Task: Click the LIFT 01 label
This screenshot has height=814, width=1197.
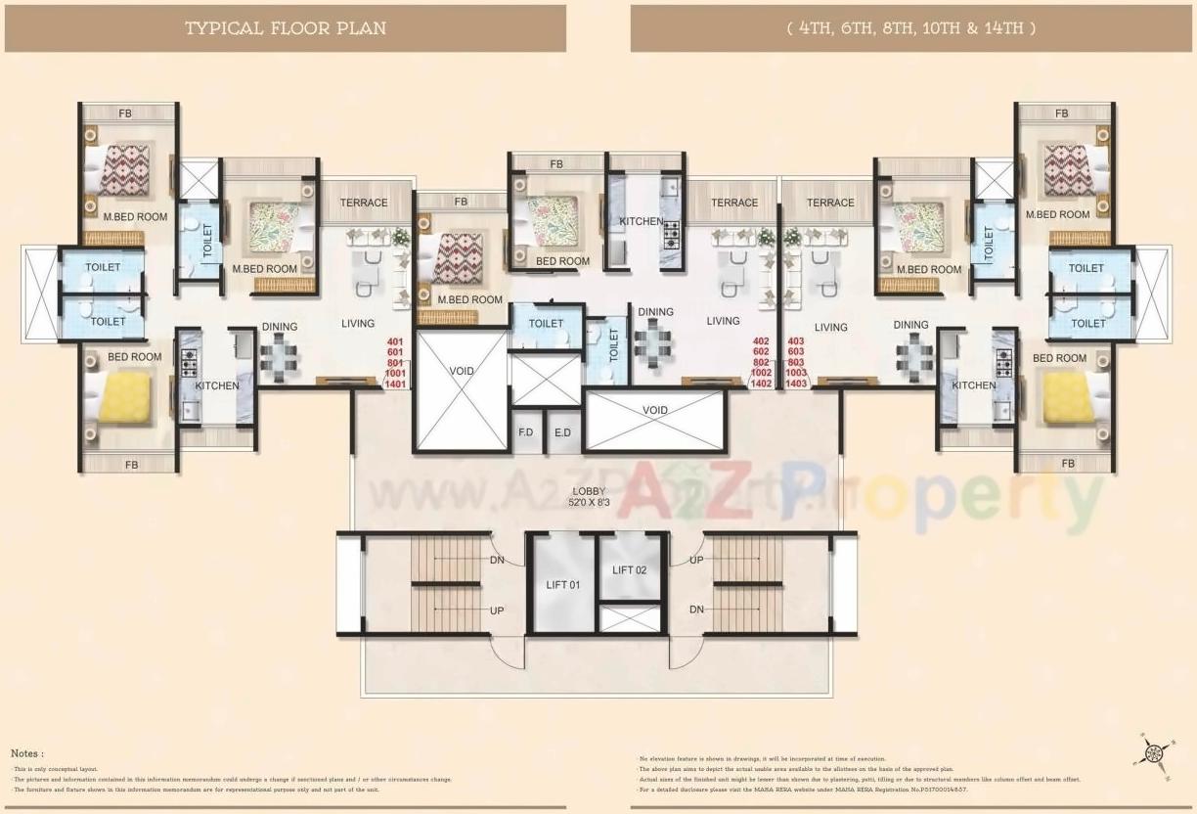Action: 562,585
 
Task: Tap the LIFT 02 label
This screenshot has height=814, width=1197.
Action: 629,569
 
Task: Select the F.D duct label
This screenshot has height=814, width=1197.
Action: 526,431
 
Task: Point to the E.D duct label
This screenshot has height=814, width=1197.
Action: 562,431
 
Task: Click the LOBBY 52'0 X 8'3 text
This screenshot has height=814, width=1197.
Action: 590,497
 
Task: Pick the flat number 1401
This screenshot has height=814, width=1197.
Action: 395,384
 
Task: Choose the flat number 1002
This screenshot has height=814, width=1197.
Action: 760,373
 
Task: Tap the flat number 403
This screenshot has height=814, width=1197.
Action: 796,340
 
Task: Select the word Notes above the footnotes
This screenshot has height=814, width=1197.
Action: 26,753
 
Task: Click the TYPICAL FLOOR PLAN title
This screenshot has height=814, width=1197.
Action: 286,28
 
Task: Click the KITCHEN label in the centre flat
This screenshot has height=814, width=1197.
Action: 642,222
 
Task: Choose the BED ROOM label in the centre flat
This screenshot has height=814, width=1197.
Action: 562,261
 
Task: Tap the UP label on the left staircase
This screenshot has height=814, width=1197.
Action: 497,610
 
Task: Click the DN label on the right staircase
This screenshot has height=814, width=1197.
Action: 696,610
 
